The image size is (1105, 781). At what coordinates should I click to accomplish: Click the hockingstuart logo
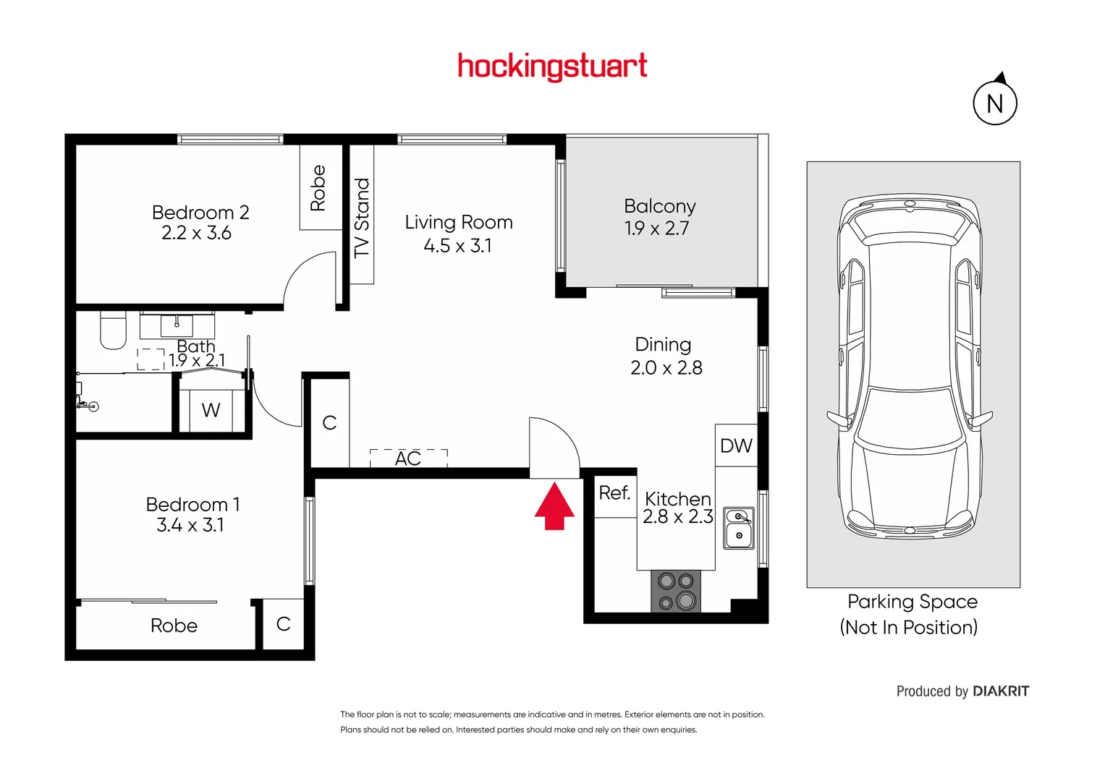(x=552, y=67)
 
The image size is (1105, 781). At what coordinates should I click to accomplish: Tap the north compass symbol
(x=995, y=103)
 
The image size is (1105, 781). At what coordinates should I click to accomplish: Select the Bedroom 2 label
(x=200, y=213)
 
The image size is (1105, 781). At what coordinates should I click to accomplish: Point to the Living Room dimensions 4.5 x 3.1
(x=457, y=246)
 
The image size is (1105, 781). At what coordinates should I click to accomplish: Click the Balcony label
(x=659, y=207)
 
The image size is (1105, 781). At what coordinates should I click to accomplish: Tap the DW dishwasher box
(x=736, y=445)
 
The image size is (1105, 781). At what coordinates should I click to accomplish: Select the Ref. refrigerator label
(x=614, y=493)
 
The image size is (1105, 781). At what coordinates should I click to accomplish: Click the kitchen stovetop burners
(x=676, y=591)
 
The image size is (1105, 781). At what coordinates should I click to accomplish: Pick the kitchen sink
(x=739, y=527)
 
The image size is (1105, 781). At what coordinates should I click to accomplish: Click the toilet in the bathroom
(x=113, y=330)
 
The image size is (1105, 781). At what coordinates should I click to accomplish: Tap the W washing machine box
(x=211, y=410)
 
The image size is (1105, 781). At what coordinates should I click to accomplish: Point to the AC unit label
(x=408, y=458)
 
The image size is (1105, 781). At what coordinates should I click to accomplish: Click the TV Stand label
(x=362, y=218)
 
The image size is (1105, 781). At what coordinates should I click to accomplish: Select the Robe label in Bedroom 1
(x=174, y=626)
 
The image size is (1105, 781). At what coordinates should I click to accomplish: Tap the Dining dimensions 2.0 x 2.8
(x=666, y=368)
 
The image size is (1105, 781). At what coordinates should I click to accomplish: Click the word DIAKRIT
(x=1001, y=691)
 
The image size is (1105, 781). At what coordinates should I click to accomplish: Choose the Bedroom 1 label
(x=192, y=505)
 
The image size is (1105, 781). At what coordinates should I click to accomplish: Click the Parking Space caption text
(x=912, y=602)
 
